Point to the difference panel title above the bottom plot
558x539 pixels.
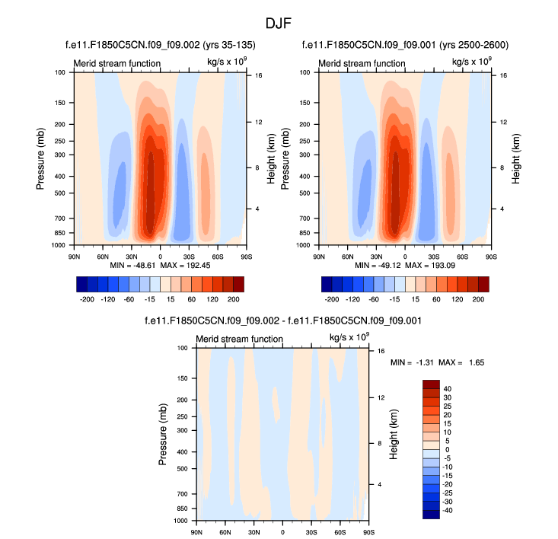coord(282,322)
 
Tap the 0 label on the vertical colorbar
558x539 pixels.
coord(447,450)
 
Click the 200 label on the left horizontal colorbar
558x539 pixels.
coord(233,301)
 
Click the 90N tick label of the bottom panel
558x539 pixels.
coord(196,531)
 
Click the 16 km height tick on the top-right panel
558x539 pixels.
coord(493,76)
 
